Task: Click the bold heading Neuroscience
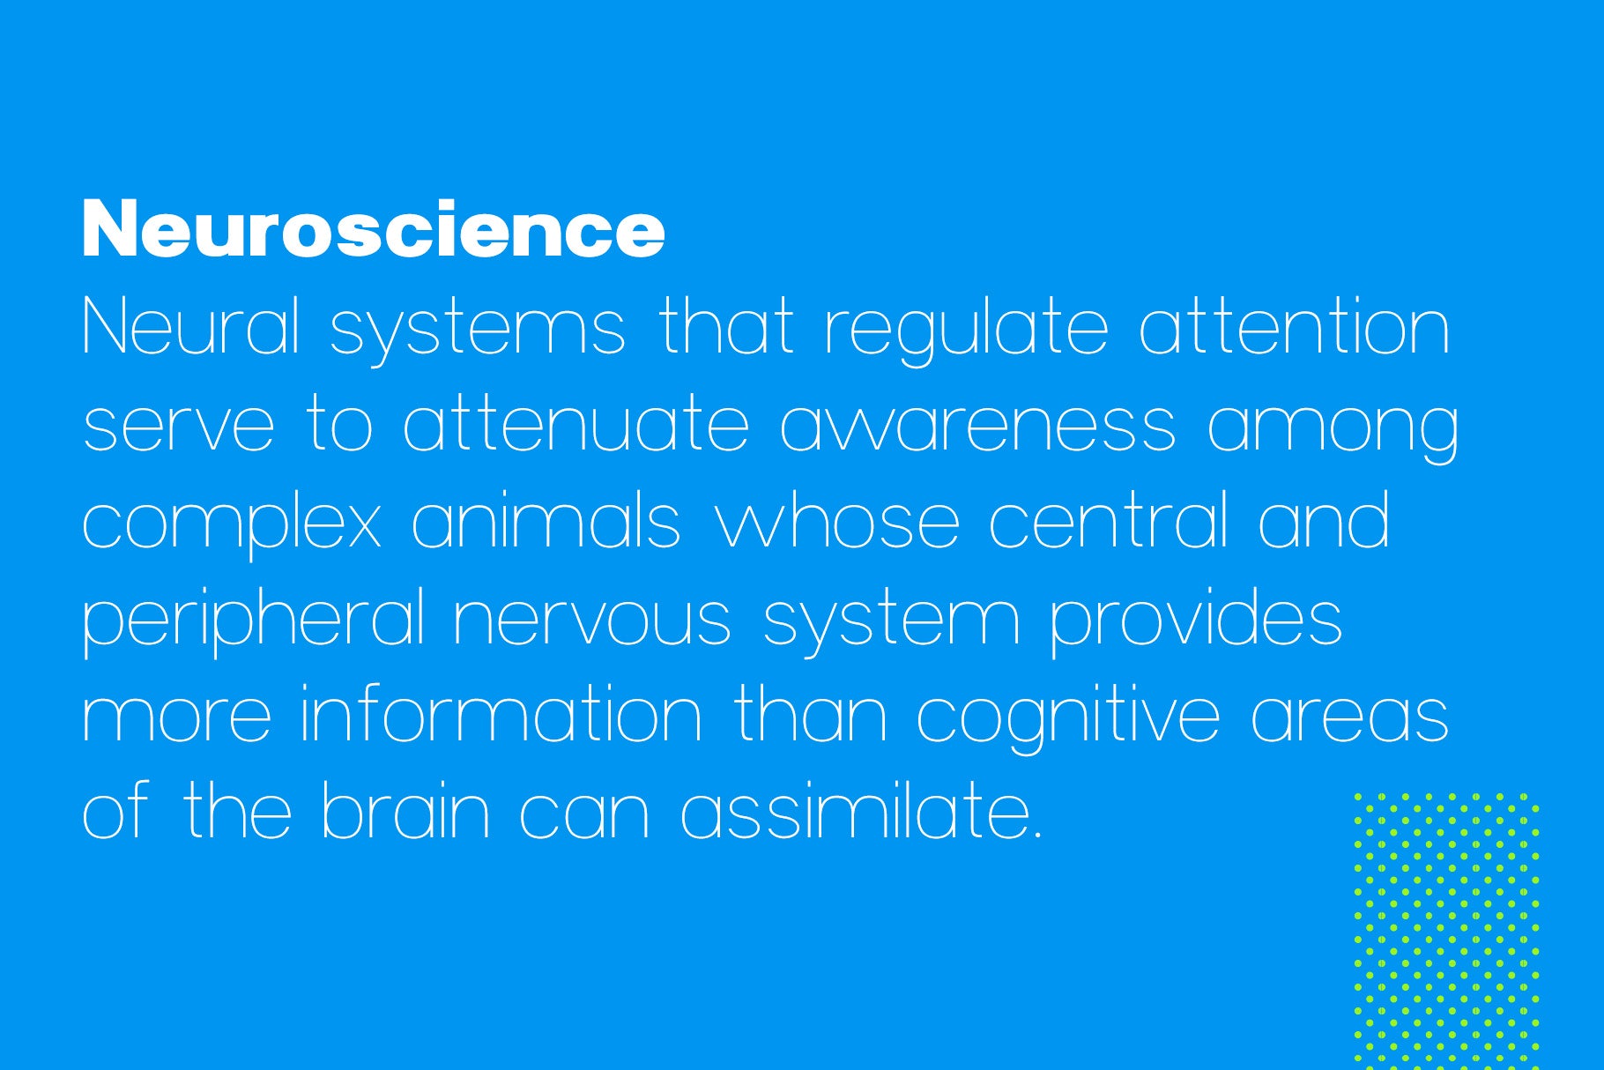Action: [374, 229]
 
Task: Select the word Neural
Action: [192, 326]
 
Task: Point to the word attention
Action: [1295, 326]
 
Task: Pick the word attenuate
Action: [576, 423]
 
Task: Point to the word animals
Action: [546, 520]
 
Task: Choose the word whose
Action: [836, 520]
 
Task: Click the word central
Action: [1109, 520]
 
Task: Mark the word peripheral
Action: [255, 621]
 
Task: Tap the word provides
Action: [1197, 621]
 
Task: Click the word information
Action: [501, 714]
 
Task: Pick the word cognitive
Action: [1069, 718]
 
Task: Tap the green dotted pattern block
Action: [1446, 931]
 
